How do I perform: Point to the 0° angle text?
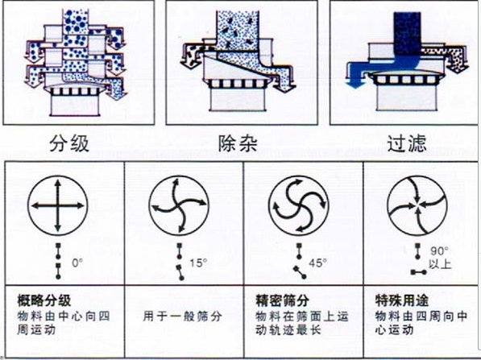77,263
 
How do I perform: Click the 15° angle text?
197,263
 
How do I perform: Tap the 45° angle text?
320,263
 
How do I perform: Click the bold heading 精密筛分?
277,296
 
